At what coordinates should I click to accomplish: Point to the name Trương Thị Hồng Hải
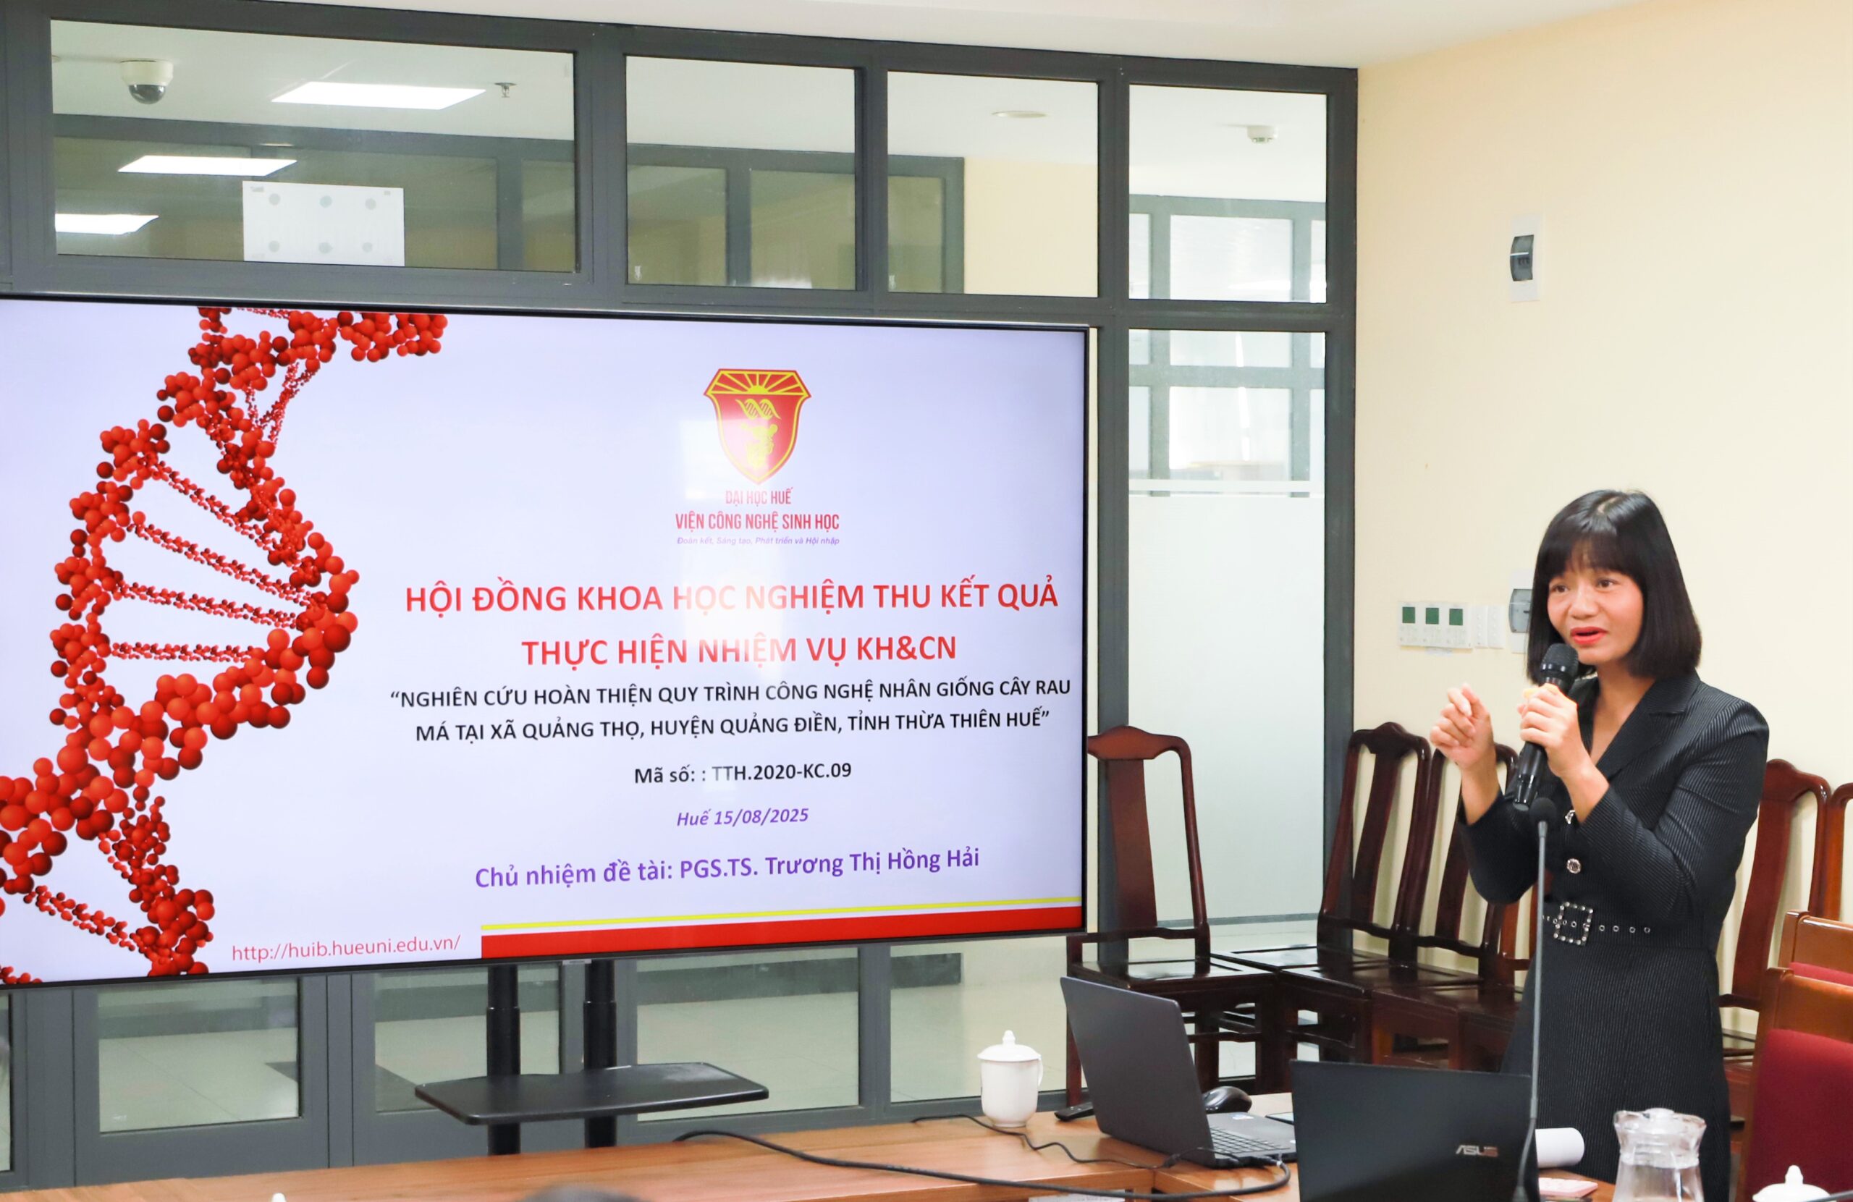pyautogui.click(x=872, y=863)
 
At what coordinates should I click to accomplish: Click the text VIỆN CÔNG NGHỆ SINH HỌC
pyautogui.click(x=757, y=522)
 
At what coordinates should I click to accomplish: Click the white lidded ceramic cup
pyautogui.click(x=1010, y=1078)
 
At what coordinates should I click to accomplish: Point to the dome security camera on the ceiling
pyautogui.click(x=146, y=82)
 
